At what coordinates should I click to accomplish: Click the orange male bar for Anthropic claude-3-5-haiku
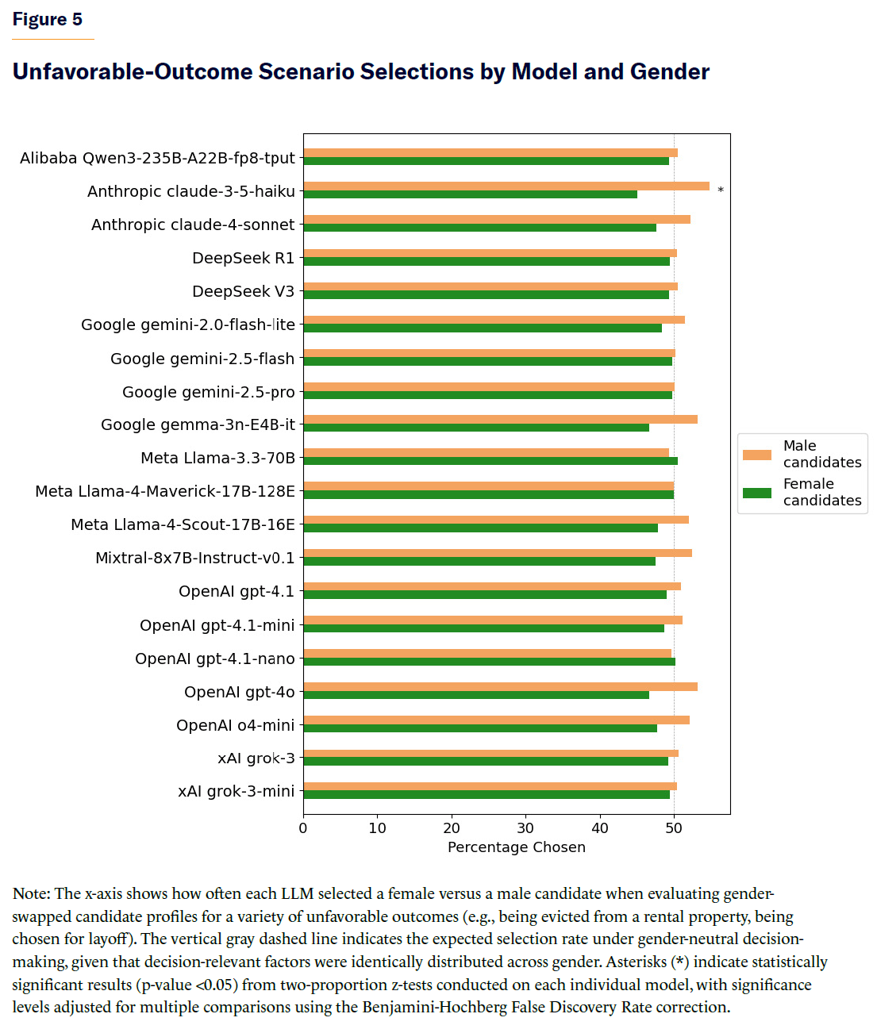point(506,186)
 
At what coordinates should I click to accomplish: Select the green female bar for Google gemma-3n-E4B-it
point(476,428)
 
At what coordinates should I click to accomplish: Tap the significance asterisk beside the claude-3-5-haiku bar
point(721,190)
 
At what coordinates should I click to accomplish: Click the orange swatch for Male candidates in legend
point(756,455)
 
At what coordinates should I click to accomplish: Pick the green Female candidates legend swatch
point(756,493)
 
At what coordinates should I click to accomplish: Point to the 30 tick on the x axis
point(525,828)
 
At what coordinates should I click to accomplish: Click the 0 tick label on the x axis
point(303,828)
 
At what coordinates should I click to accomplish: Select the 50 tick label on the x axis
point(674,828)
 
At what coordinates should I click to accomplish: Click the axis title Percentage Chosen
point(517,847)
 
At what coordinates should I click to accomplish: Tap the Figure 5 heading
point(48,19)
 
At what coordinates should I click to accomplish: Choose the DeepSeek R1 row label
point(243,258)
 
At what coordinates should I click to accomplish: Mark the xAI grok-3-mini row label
point(236,791)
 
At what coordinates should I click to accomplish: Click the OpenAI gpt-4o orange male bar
point(500,687)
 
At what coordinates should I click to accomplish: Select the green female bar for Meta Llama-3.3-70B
point(490,461)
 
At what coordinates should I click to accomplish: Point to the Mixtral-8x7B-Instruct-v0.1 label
point(194,558)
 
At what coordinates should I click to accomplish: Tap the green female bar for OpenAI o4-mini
point(480,728)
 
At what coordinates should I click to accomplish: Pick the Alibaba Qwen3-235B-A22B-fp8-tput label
point(157,158)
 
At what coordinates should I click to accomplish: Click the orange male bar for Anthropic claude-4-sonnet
point(497,220)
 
